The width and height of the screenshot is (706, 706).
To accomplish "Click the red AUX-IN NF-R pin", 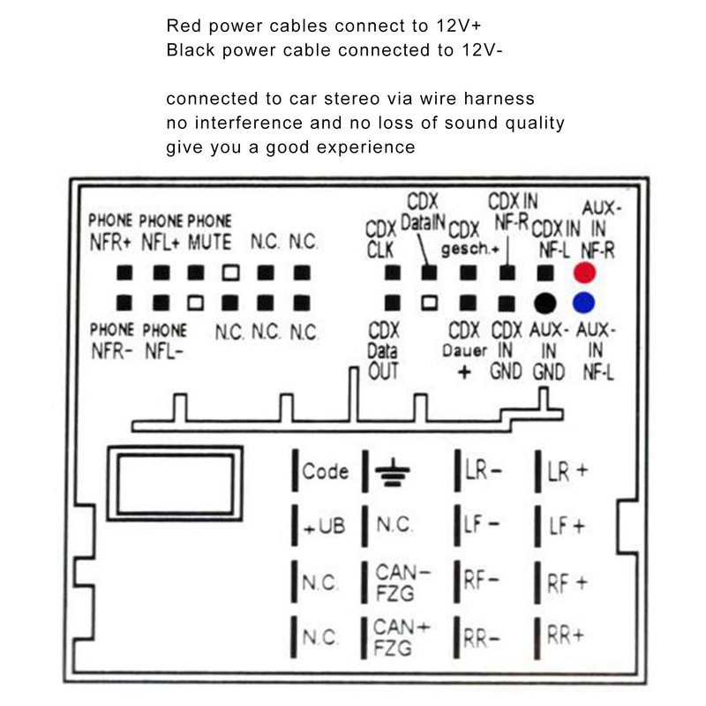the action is [584, 273].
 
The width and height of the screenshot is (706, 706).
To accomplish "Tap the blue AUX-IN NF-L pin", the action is [583, 303].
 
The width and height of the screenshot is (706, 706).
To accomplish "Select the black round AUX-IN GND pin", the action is [545, 303].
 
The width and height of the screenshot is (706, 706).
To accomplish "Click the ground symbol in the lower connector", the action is [393, 472].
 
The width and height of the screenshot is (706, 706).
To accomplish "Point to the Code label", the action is [325, 471].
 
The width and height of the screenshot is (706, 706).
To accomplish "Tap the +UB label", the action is [325, 526].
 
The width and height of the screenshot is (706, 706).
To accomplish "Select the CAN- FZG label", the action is [402, 582].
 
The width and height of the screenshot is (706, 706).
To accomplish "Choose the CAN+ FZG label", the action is [401, 637].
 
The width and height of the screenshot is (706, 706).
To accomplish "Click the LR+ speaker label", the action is [567, 471].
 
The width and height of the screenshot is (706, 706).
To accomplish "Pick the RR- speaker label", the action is [481, 638].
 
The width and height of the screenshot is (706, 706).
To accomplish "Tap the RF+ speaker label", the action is [567, 583].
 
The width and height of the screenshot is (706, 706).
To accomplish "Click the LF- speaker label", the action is [481, 525].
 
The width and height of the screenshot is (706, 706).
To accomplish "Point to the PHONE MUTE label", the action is [209, 232].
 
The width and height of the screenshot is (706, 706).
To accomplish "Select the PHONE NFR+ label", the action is [110, 232].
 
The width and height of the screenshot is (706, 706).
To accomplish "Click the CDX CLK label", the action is [380, 239].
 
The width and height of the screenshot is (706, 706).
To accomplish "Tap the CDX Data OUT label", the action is [383, 351].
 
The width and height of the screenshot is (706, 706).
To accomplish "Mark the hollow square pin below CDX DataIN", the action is [429, 303].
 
